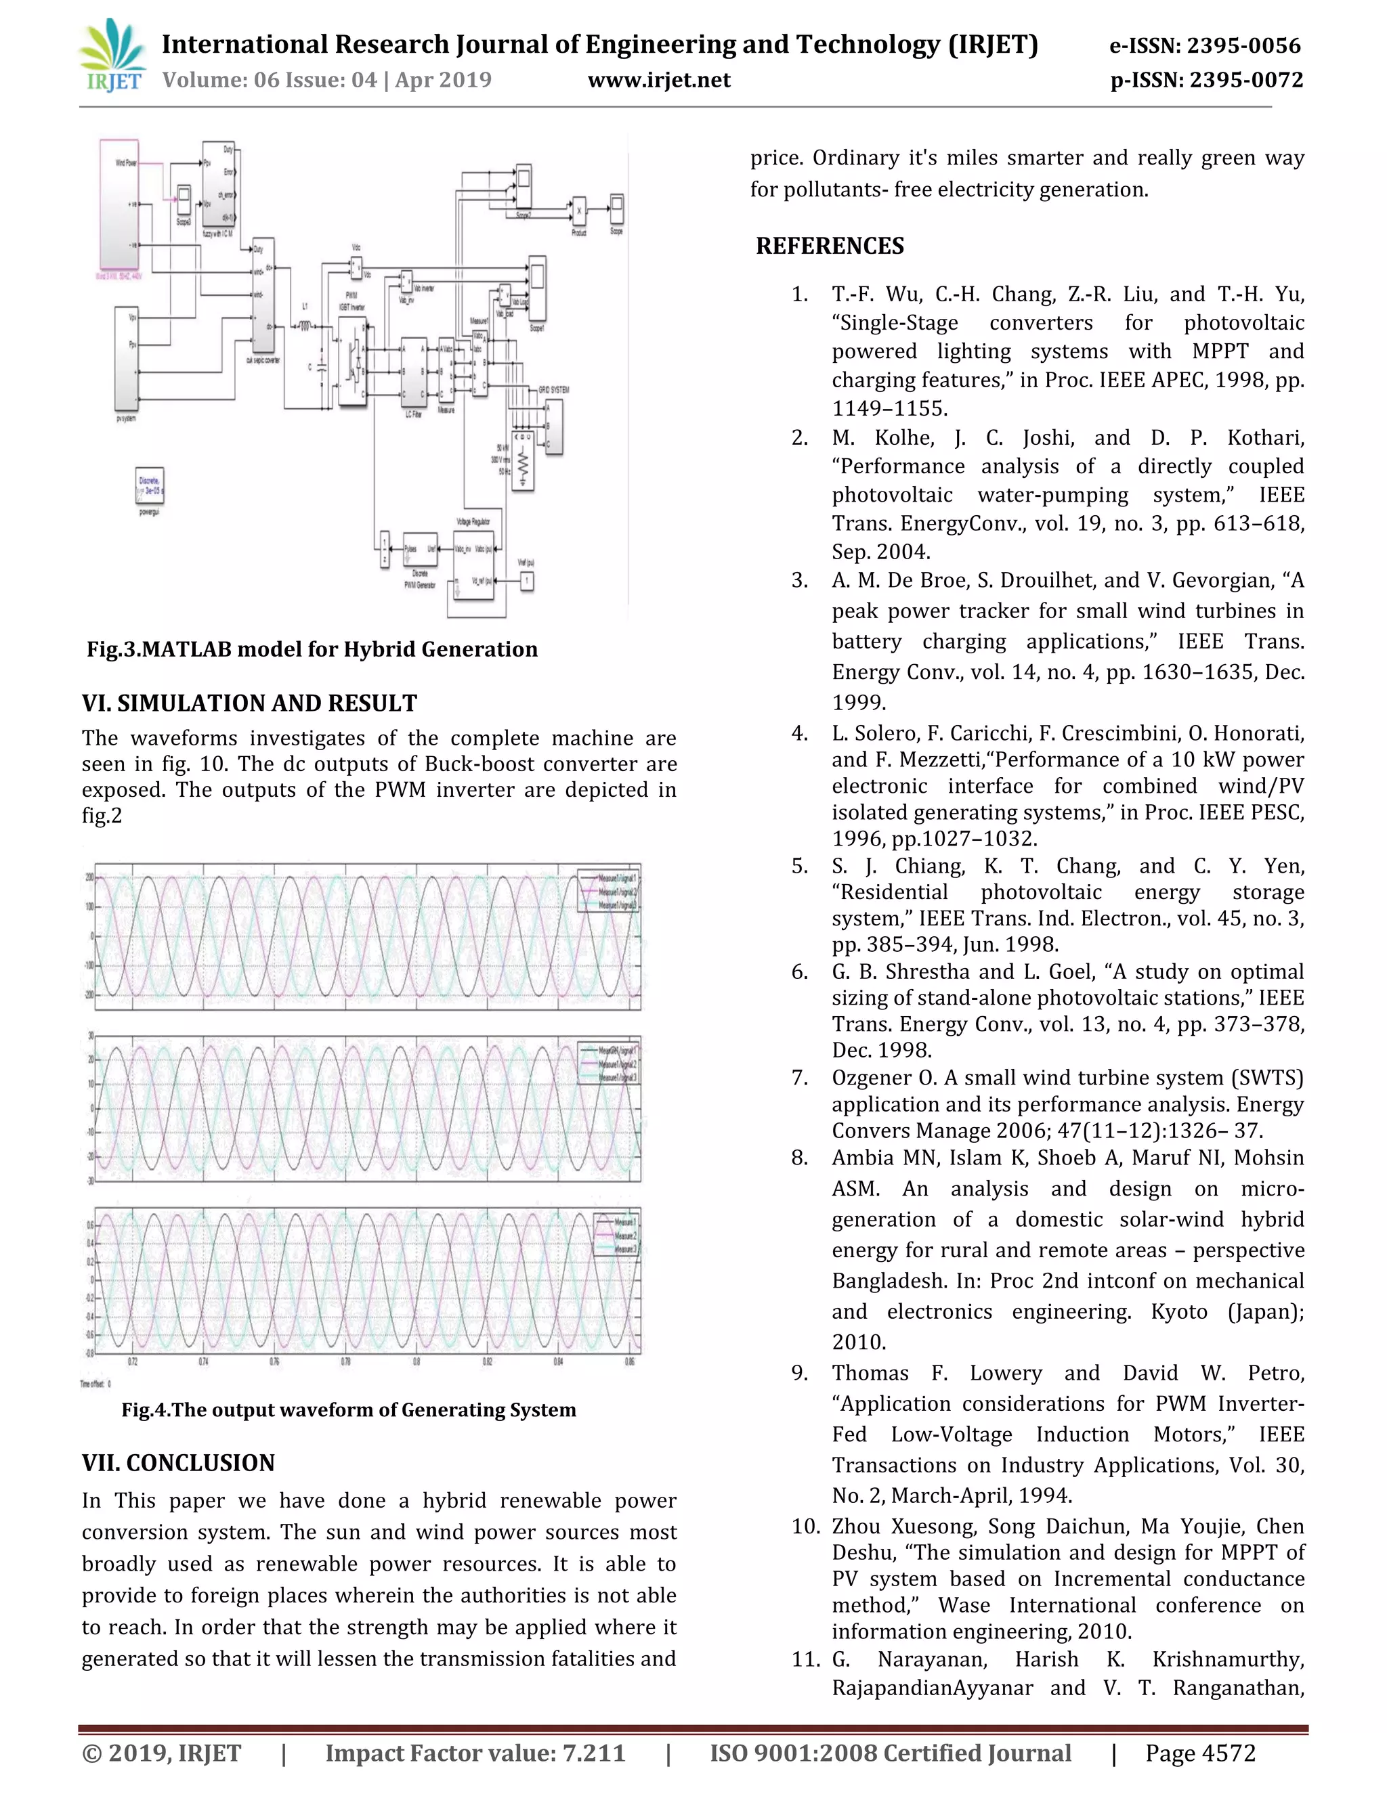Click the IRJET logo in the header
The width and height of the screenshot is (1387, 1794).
click(x=113, y=57)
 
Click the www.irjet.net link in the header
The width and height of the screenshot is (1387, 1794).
click(x=659, y=80)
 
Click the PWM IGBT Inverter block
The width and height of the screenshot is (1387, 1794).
click(x=352, y=362)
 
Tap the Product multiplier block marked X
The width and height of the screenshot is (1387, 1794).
click(x=579, y=211)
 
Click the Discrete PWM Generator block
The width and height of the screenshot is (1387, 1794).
click(x=420, y=550)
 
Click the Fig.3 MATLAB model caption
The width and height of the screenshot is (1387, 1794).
click(x=312, y=649)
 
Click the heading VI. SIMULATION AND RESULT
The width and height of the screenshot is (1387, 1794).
click(x=249, y=703)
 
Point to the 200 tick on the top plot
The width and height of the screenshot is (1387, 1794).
click(x=89, y=877)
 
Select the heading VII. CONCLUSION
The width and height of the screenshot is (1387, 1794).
click(x=177, y=1463)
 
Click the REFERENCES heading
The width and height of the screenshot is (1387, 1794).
click(x=829, y=246)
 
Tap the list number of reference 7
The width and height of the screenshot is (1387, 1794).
click(x=800, y=1078)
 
